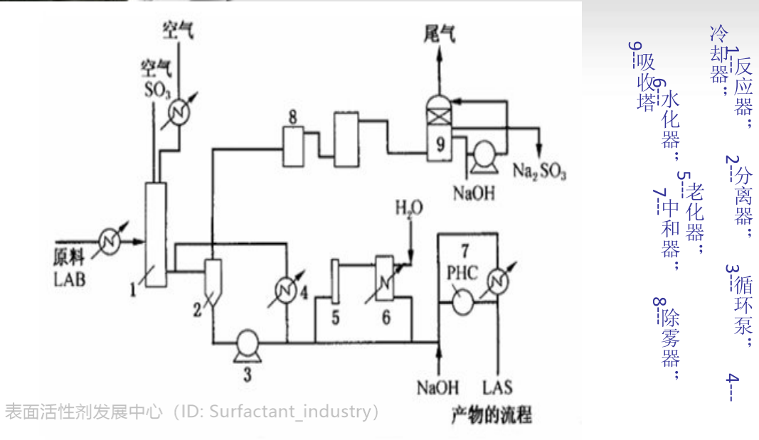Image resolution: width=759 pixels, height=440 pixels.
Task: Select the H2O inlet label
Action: click(409, 209)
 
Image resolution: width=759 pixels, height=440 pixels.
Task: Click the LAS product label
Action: click(498, 387)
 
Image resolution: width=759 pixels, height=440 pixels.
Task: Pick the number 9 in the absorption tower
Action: click(440, 144)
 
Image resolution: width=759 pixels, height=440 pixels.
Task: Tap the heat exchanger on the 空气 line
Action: click(178, 112)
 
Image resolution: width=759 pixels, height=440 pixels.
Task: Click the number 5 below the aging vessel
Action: click(334, 316)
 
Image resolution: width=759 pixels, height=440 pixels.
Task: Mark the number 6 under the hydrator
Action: click(386, 316)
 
